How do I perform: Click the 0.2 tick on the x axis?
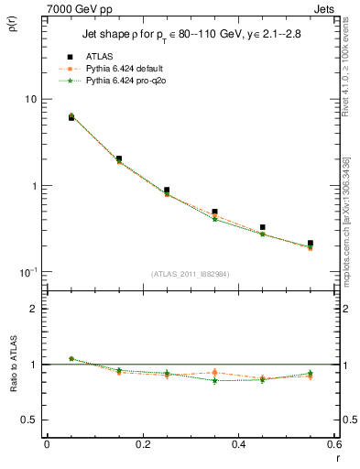click(142, 446)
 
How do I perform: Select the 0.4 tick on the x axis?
click(238, 446)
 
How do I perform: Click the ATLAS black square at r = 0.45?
click(263, 227)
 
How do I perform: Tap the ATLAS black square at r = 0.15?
click(119, 158)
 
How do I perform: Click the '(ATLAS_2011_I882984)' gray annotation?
click(190, 273)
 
